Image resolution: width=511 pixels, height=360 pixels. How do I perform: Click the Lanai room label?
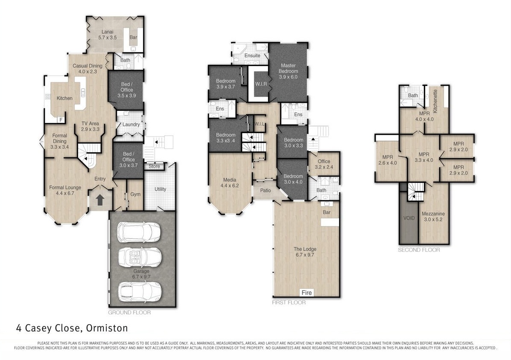[x=108, y=35]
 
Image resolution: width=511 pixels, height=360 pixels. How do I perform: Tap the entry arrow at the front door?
[x=100, y=200]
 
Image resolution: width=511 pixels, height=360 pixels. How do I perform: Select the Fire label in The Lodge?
[x=307, y=293]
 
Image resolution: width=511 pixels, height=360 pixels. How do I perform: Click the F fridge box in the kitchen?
[x=61, y=120]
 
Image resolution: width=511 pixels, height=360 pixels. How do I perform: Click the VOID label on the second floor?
[x=409, y=218]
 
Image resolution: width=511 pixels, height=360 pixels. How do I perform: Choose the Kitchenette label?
[x=435, y=101]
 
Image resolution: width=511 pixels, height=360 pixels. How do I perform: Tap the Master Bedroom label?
[x=289, y=71]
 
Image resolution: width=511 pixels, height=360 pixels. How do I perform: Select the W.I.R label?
[x=261, y=84]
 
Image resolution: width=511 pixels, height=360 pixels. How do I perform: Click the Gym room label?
[x=136, y=195]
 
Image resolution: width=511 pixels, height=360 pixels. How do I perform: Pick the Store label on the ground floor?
[x=154, y=166]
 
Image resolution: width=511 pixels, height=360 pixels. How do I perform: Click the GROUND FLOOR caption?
[x=129, y=313]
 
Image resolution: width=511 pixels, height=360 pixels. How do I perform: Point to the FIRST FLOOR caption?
[x=289, y=302]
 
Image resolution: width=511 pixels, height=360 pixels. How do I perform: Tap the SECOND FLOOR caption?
[x=419, y=250]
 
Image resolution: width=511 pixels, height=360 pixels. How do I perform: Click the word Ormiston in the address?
[x=107, y=328]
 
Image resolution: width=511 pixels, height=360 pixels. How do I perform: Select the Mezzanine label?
[x=433, y=216]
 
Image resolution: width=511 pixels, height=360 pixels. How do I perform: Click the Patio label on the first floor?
[x=266, y=190]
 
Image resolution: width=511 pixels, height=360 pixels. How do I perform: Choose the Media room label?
[x=230, y=183]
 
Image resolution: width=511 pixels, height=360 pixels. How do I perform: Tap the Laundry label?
[x=131, y=125]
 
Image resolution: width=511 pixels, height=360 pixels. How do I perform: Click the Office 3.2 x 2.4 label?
[x=324, y=164]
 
